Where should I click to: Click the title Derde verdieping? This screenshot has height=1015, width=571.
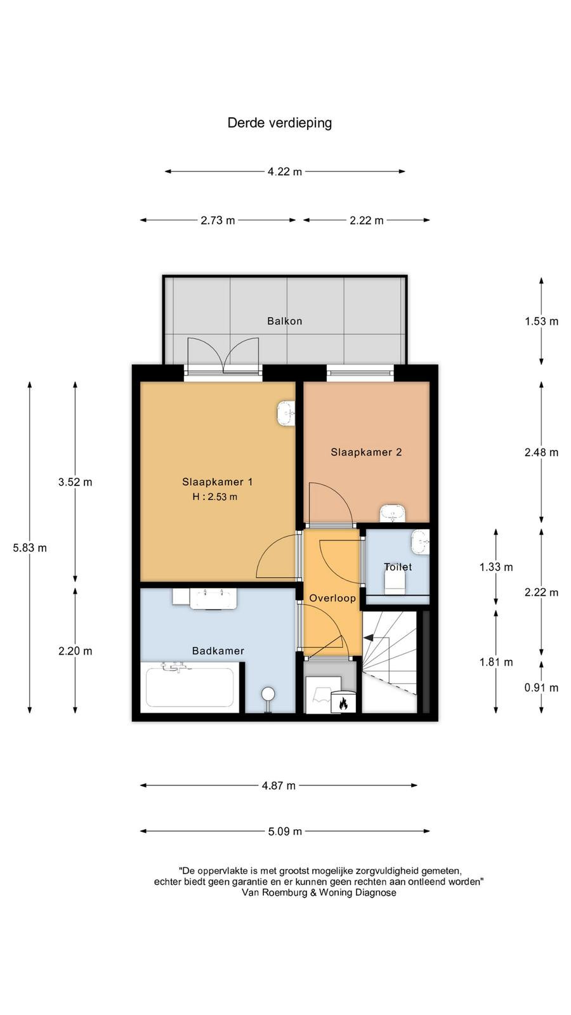pyautogui.click(x=280, y=123)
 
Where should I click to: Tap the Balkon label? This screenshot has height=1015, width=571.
pyautogui.click(x=285, y=321)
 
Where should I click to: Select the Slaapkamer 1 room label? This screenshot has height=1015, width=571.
pyautogui.click(x=217, y=481)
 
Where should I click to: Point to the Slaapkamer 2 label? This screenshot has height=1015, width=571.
pyautogui.click(x=366, y=452)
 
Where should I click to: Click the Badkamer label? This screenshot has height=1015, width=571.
pyautogui.click(x=218, y=651)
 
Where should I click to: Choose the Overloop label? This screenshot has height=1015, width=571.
pyautogui.click(x=332, y=598)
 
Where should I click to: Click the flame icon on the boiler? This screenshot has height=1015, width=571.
pyautogui.click(x=343, y=704)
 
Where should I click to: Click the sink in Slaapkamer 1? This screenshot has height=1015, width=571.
pyautogui.click(x=286, y=413)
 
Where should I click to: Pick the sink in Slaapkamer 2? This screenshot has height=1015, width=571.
pyautogui.click(x=393, y=513)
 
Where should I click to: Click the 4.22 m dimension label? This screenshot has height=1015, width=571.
pyautogui.click(x=285, y=172)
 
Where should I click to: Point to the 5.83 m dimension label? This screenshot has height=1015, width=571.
pyautogui.click(x=30, y=548)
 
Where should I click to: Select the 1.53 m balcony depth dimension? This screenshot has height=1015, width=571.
pyautogui.click(x=542, y=321)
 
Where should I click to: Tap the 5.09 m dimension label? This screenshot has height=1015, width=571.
pyautogui.click(x=285, y=832)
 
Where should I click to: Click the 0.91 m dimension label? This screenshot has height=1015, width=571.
pyautogui.click(x=542, y=688)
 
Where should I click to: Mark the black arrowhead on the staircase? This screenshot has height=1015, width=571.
pyautogui.click(x=369, y=638)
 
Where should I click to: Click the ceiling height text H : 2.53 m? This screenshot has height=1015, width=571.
pyautogui.click(x=215, y=497)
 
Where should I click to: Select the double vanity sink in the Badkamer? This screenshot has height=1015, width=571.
pyautogui.click(x=214, y=599)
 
